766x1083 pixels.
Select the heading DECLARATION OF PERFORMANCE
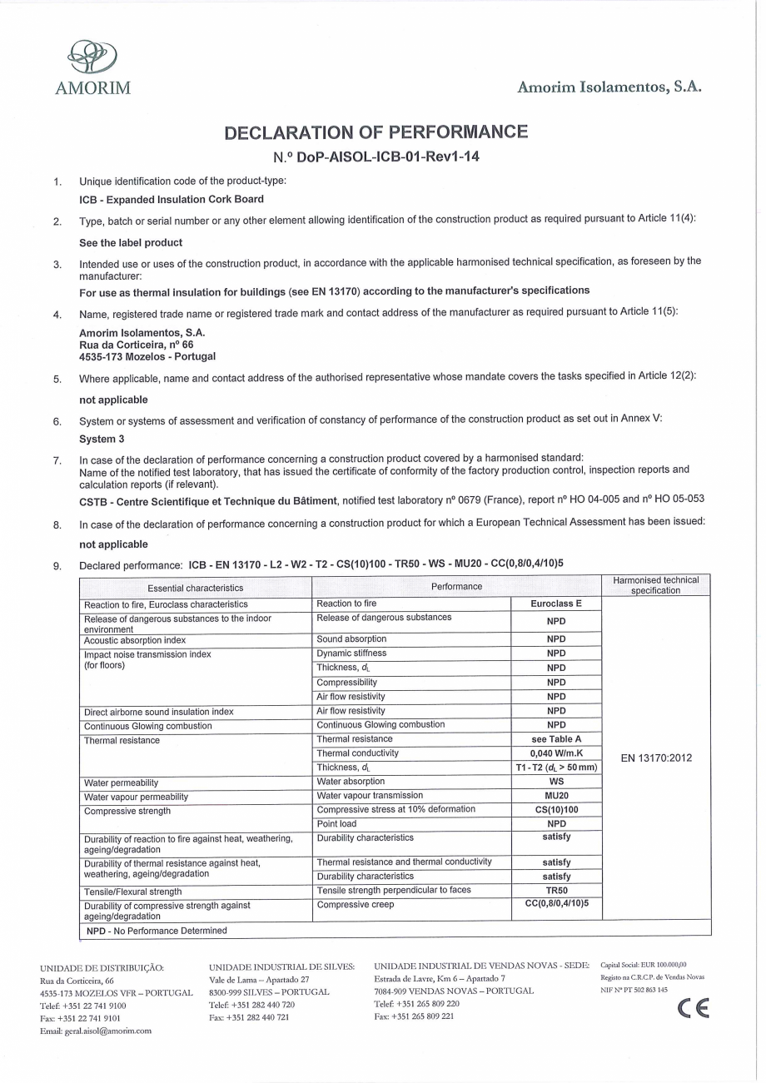point(376,132)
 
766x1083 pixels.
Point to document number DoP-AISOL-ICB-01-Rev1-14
point(376,156)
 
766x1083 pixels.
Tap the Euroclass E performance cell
point(555,604)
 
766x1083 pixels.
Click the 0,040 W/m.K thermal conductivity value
point(555,753)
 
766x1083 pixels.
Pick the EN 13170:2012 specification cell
point(657,758)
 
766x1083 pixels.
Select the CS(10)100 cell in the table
point(555,810)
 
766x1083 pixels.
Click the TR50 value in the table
point(555,891)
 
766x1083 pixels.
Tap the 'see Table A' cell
point(555,739)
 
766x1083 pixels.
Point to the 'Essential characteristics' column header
point(195,588)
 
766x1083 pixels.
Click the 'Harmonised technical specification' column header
point(656,585)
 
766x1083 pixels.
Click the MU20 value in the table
point(555,796)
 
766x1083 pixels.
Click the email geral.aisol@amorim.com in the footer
point(96,1031)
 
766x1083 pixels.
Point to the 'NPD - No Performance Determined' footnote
point(157,931)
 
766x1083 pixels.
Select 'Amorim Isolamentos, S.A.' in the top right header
point(609,87)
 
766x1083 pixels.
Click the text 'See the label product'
point(130,242)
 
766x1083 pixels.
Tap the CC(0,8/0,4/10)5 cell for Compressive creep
point(555,905)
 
